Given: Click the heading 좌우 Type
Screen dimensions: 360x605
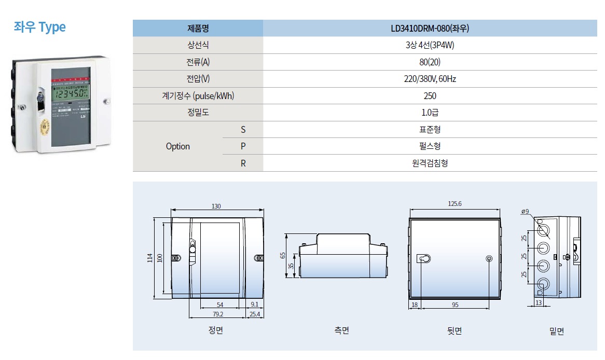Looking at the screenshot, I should [x=40, y=27].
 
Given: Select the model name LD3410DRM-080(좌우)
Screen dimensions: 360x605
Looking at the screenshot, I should [x=430, y=29].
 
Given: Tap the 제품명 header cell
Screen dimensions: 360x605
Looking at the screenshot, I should [x=198, y=29].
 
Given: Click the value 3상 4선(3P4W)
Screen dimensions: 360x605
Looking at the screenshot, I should [x=430, y=45].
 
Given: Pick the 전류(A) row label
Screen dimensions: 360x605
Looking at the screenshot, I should [x=198, y=62].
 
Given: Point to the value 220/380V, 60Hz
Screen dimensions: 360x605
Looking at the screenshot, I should [x=430, y=79].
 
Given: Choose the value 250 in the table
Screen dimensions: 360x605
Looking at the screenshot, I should [x=430, y=96].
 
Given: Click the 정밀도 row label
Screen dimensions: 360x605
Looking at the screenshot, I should [x=198, y=113].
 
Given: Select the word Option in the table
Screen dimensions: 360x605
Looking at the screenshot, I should [x=177, y=146].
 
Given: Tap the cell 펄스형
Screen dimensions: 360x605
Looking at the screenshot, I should [x=430, y=146].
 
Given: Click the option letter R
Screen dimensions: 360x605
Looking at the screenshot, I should [x=243, y=163].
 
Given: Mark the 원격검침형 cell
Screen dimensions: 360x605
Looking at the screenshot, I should [x=430, y=163].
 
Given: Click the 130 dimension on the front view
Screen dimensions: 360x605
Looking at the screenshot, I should [x=216, y=206].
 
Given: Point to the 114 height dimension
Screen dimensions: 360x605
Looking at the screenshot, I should [x=149, y=257].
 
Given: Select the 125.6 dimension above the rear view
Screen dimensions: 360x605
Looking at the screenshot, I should [x=455, y=204].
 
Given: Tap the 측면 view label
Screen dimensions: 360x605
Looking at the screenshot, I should [x=341, y=330].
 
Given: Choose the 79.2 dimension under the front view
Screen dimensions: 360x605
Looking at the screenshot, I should [x=217, y=314].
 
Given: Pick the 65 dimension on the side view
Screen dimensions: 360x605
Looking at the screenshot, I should [x=283, y=255].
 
